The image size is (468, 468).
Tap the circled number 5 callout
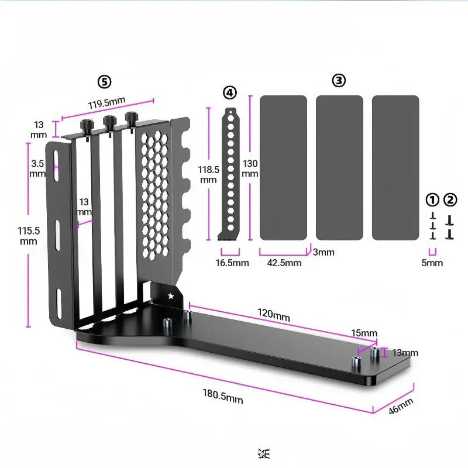tap(104, 81)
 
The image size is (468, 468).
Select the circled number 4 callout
tap(230, 92)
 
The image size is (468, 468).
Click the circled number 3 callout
tap(339, 81)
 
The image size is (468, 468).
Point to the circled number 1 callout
tap(432, 200)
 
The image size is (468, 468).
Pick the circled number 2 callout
tap(450, 200)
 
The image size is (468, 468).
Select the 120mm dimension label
tap(274, 316)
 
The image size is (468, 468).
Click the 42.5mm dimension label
tap(284, 263)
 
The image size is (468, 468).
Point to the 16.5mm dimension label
tap(232, 263)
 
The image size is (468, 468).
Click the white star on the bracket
tap(171, 296)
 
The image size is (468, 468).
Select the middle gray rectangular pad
tap(339, 168)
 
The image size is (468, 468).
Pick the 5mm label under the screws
tap(432, 263)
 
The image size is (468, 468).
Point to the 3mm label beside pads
tap(323, 252)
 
